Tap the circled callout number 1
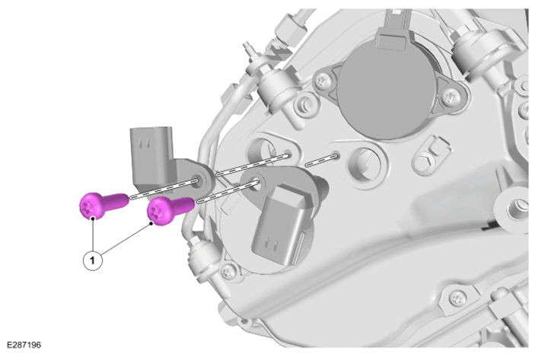[x=93, y=260]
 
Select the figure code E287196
[x=24, y=345]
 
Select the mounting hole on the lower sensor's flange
[x=256, y=182]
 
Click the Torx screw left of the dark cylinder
[x=323, y=82]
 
